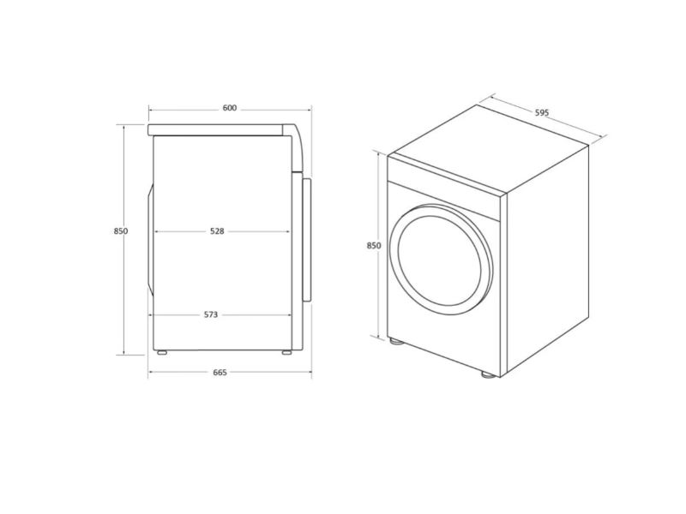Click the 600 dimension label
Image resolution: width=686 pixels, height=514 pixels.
pos(229,108)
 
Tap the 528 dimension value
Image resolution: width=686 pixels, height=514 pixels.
pos(217,231)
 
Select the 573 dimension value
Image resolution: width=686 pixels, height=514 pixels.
pos(211,314)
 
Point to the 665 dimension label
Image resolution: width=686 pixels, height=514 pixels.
pos(220,373)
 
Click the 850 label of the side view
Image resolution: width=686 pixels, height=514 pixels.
pos(120,231)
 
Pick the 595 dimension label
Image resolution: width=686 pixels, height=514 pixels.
pos(541,112)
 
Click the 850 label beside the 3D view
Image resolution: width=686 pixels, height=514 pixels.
pos(374,246)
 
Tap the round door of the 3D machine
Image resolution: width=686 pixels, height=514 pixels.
pos(441,257)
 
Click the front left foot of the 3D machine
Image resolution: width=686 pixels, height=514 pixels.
pos(396,341)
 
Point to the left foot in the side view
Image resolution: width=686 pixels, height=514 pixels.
pos(161,351)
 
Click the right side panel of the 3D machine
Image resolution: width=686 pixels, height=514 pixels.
pos(549,257)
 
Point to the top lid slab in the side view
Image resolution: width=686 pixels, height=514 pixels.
pos(219,129)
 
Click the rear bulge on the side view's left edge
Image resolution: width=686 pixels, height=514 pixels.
pos(150,240)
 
